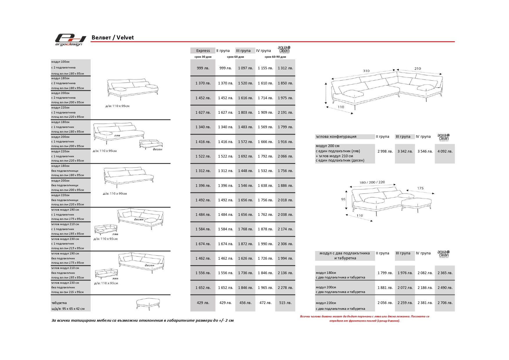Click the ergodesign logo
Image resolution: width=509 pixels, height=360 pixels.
(70, 40)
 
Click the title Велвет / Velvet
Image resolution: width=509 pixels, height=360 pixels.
(113, 37)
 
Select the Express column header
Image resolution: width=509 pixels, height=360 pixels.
(203, 50)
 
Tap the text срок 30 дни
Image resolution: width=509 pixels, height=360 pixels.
(203, 57)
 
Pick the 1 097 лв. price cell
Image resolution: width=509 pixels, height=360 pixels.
(245, 68)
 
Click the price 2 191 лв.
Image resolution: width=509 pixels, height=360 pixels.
(285, 112)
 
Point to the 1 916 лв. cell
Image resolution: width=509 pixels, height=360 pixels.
(285, 142)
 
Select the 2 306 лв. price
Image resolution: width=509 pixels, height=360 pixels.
(285, 244)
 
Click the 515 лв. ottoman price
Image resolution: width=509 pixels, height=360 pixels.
(285, 303)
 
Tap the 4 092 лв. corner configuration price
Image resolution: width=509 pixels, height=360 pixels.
(445, 151)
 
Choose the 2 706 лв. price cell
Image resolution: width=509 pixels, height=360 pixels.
(445, 303)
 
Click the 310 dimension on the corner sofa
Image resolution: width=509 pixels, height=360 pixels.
(366, 71)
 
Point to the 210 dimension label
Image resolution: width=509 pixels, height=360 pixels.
(417, 68)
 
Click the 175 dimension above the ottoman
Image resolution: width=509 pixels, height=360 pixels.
(420, 188)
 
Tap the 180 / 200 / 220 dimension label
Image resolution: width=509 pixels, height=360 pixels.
(372, 182)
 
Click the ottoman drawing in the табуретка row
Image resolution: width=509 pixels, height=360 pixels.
(148, 303)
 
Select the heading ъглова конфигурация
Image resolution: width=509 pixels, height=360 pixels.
(336, 137)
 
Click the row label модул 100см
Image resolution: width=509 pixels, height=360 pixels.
(60, 62)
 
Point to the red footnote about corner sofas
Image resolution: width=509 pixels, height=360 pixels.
(364, 319)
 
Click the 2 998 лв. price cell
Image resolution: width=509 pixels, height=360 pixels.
(385, 151)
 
